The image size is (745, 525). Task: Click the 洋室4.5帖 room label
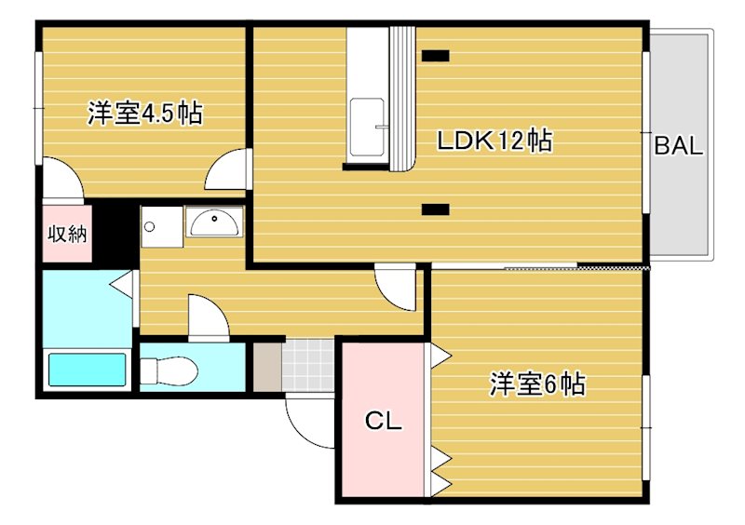(x=145, y=114)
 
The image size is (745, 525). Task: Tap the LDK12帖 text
(x=495, y=141)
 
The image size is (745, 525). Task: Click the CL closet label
(x=383, y=422)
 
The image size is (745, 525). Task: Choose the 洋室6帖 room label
(x=537, y=384)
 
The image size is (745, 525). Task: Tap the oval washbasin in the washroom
(x=214, y=222)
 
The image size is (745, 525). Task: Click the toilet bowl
(x=173, y=370)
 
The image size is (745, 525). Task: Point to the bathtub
(x=88, y=370)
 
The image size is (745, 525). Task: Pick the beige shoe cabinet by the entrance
(x=267, y=365)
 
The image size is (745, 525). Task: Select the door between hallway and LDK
(x=397, y=288)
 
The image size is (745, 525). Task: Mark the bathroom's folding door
(x=122, y=283)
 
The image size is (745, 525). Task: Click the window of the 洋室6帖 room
(x=645, y=401)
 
